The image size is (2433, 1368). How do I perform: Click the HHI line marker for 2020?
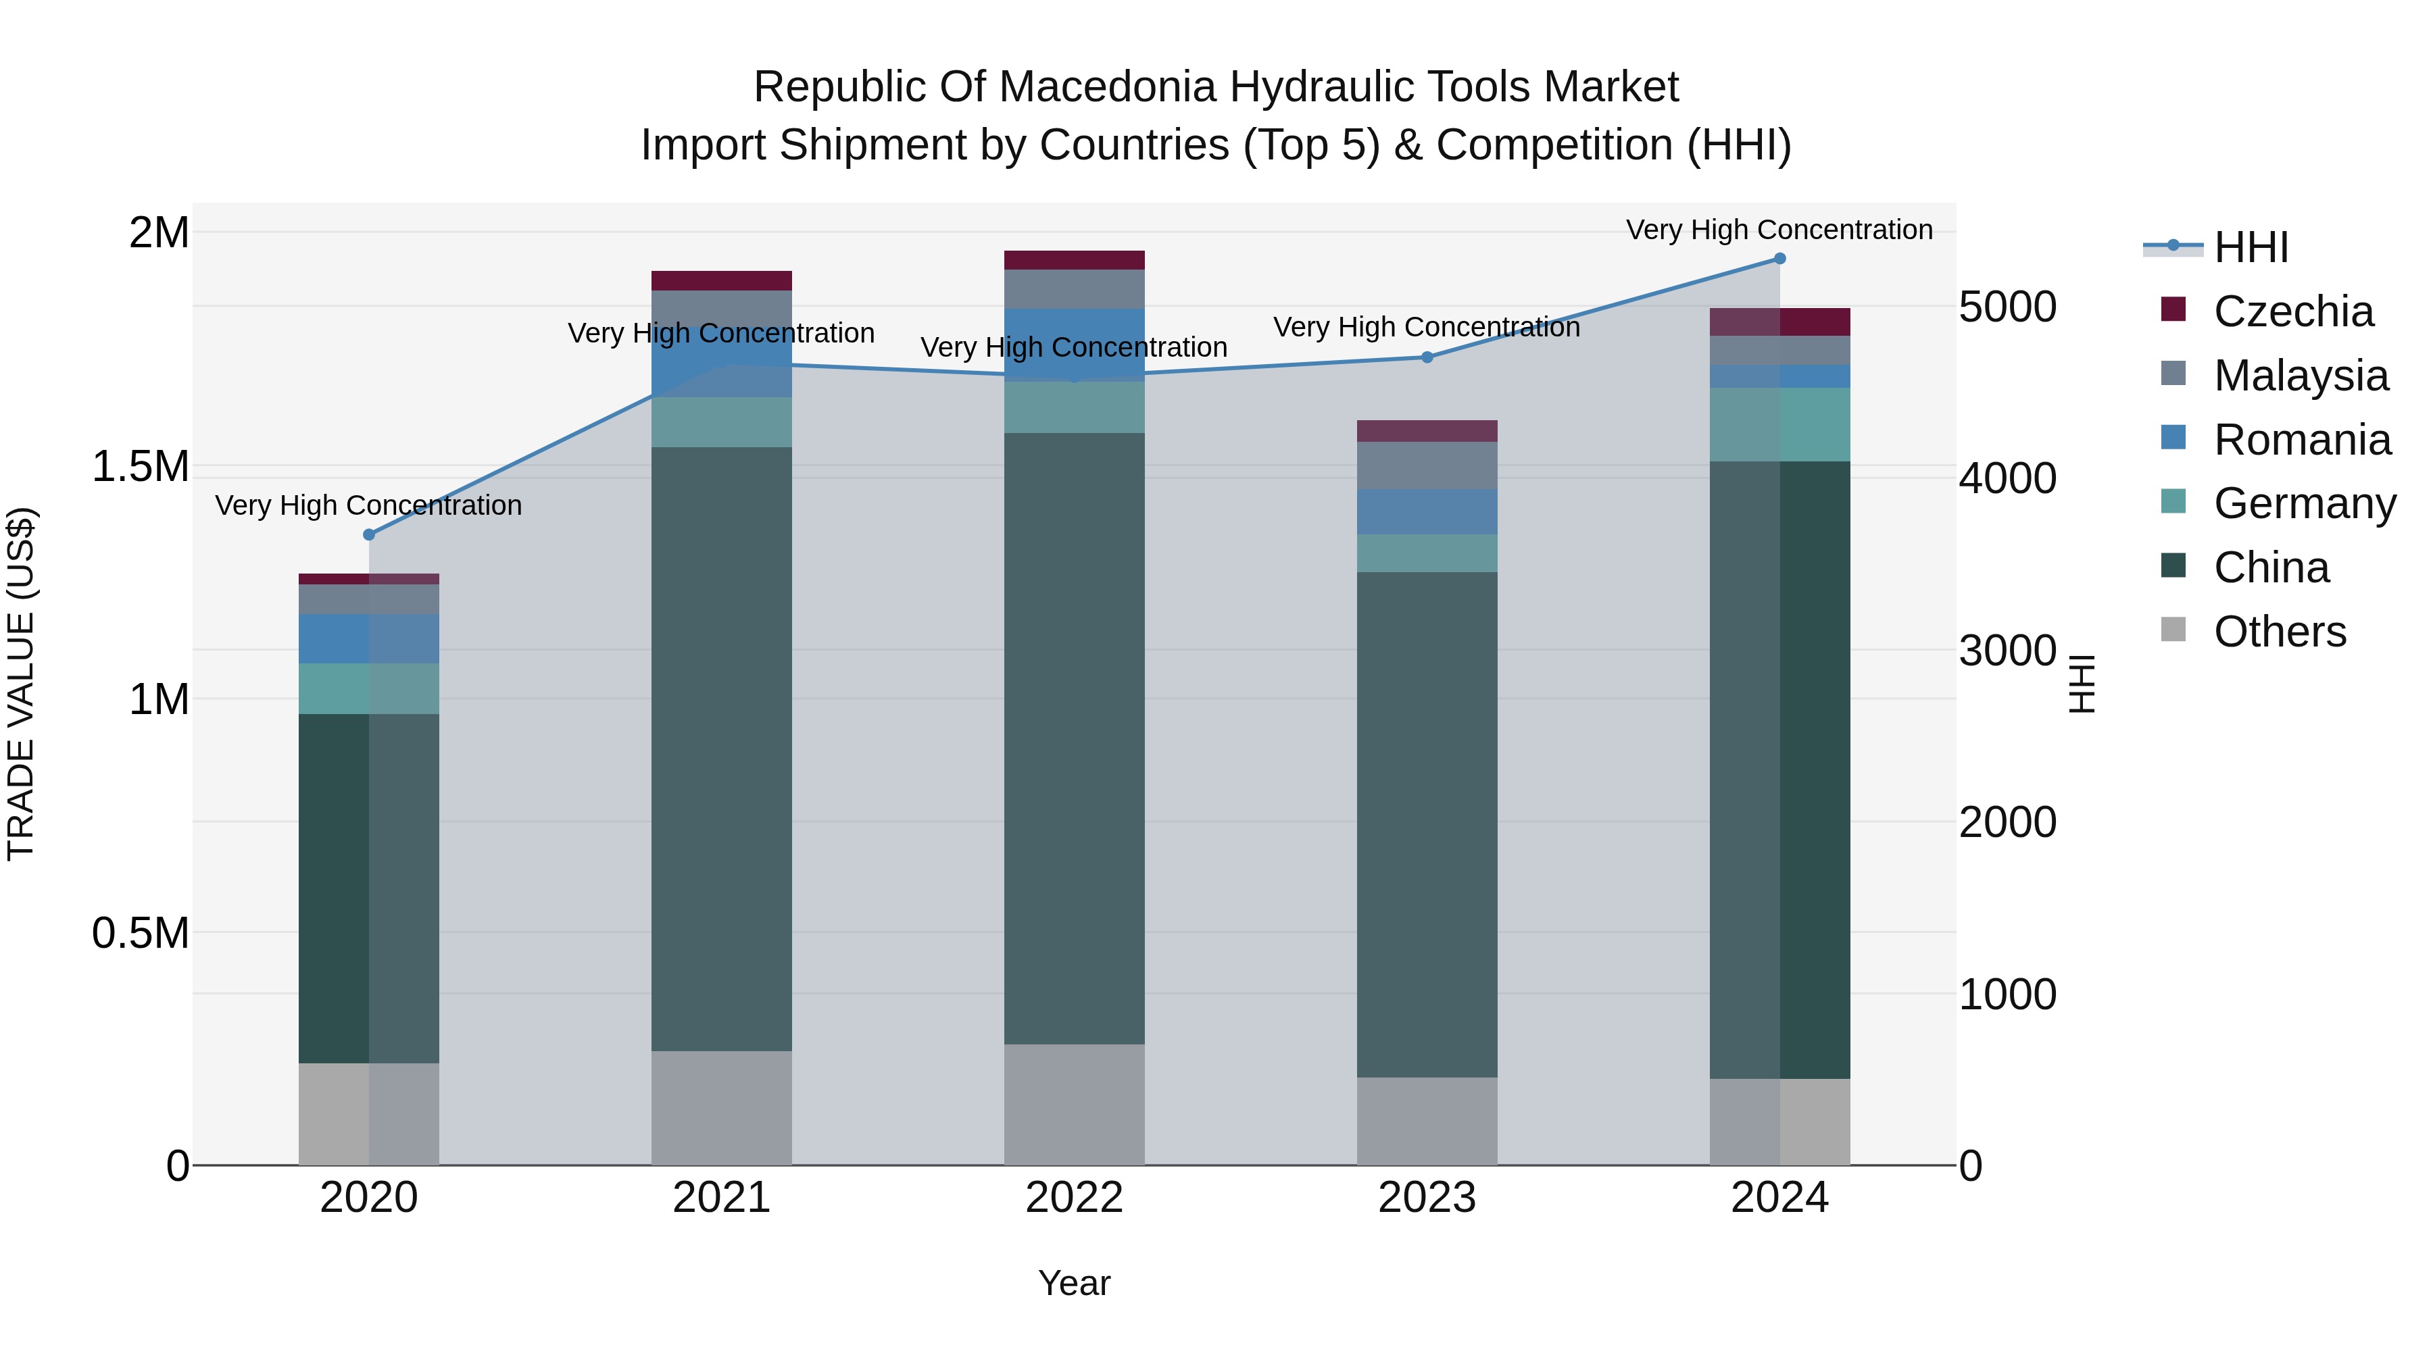click(369, 534)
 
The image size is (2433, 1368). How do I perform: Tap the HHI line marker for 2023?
click(1427, 357)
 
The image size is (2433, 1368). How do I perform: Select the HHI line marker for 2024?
click(1779, 259)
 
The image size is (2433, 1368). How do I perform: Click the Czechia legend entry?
click(2292, 311)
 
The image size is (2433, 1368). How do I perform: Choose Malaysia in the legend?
click(2300, 376)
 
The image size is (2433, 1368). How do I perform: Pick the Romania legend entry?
click(2302, 440)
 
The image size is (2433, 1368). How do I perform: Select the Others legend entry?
click(2279, 632)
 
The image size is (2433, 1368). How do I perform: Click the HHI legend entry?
click(2251, 247)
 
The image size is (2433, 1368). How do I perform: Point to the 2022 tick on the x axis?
click(1074, 1198)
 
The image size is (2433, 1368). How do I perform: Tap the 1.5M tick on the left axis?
click(141, 466)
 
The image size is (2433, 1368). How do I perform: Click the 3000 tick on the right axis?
click(2007, 651)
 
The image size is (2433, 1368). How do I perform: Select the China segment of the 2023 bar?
click(1427, 824)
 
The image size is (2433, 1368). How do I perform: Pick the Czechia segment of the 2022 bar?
click(1074, 261)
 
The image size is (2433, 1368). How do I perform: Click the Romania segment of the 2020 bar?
click(369, 638)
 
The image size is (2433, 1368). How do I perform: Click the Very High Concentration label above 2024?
click(1779, 230)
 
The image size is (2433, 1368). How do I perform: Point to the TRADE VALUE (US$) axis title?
click(21, 684)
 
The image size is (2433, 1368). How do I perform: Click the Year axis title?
click(1074, 1283)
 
